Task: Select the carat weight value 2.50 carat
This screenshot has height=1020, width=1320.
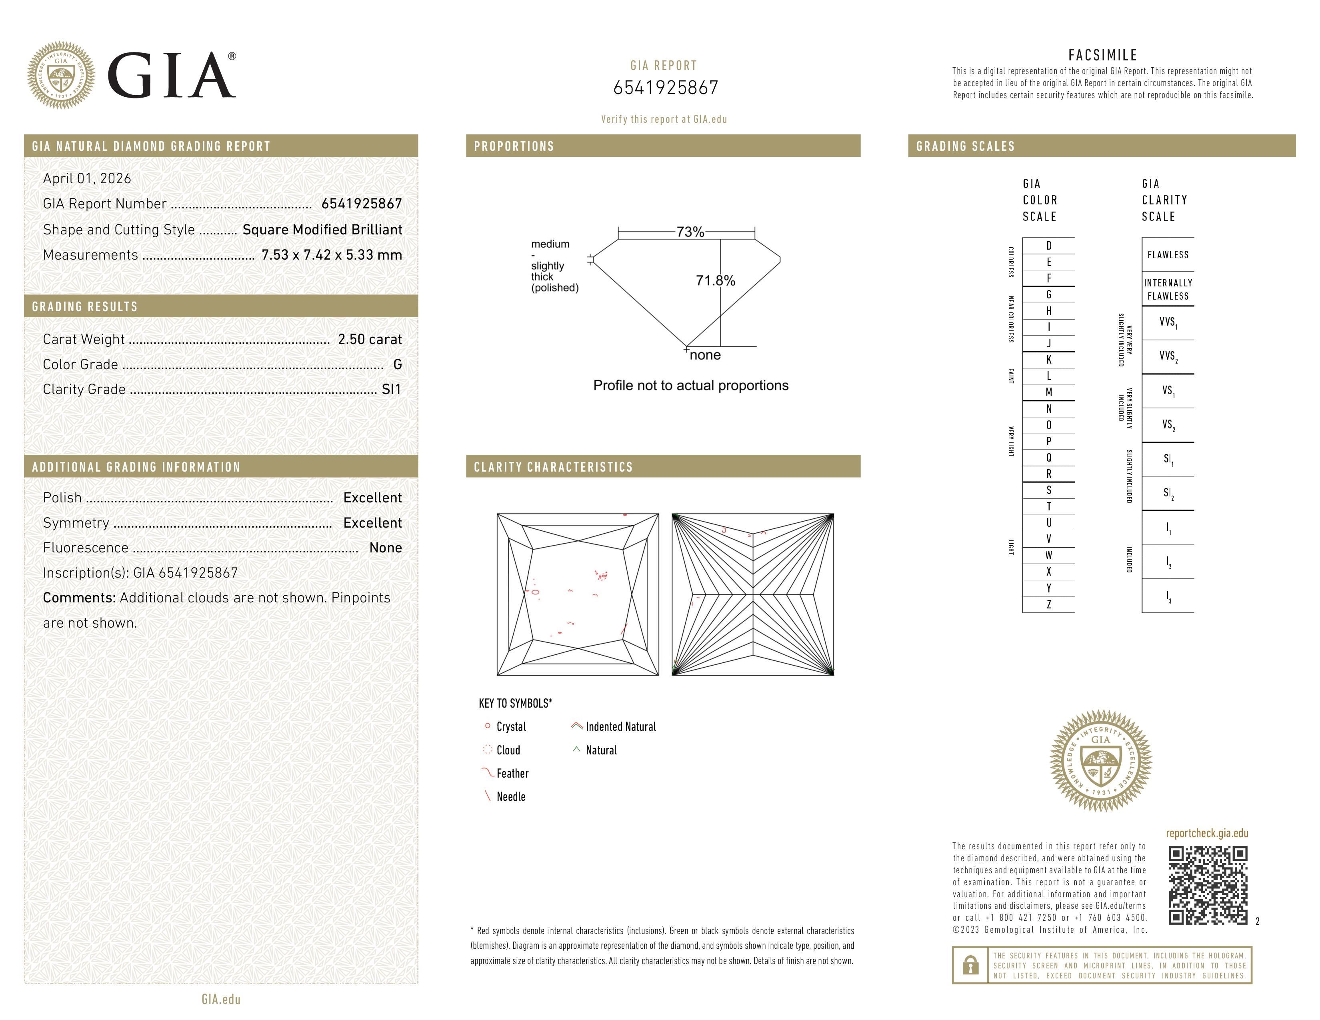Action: pyautogui.click(x=369, y=339)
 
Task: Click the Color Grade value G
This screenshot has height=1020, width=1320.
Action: pyautogui.click(x=397, y=364)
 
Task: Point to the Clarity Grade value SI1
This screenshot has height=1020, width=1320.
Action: pyautogui.click(x=391, y=389)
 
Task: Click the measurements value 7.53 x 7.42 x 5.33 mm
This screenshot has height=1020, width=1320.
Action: pyautogui.click(x=331, y=255)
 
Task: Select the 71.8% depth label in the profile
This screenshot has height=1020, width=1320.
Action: pyautogui.click(x=715, y=280)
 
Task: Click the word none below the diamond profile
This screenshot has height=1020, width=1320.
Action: pyautogui.click(x=705, y=355)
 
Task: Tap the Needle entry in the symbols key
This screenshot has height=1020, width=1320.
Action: pyautogui.click(x=511, y=796)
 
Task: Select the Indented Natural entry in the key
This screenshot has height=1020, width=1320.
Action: pyautogui.click(x=620, y=727)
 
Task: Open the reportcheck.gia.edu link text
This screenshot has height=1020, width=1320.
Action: pyautogui.click(x=1206, y=833)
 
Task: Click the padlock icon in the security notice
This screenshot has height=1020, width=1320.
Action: pyautogui.click(x=970, y=965)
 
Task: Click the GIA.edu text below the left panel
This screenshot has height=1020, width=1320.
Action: pyautogui.click(x=221, y=999)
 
